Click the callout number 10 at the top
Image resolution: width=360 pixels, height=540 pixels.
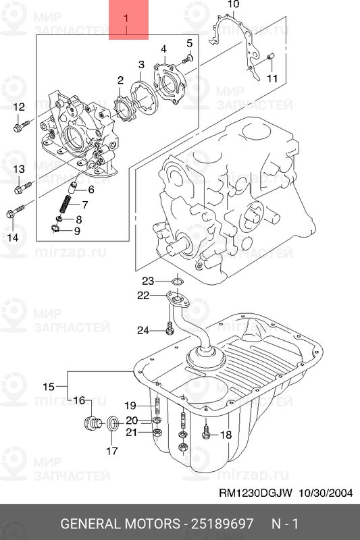pyautogui.click(x=233, y=4)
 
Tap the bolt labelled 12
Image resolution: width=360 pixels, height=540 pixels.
pyautogui.click(x=22, y=126)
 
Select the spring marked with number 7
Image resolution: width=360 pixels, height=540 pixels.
pyautogui.click(x=66, y=204)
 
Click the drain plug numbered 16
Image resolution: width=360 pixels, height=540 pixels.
pyautogui.click(x=93, y=423)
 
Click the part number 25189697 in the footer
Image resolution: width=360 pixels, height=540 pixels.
pyautogui.click(x=222, y=524)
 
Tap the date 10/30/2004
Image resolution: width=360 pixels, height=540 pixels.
pyautogui.click(x=325, y=493)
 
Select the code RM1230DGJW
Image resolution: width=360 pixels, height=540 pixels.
pyautogui.click(x=255, y=493)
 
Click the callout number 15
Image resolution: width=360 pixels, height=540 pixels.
pyautogui.click(x=49, y=386)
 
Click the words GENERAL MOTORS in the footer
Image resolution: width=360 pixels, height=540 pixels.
pyautogui.click(x=120, y=524)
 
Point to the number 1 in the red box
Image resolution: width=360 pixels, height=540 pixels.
pyautogui.click(x=126, y=18)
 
